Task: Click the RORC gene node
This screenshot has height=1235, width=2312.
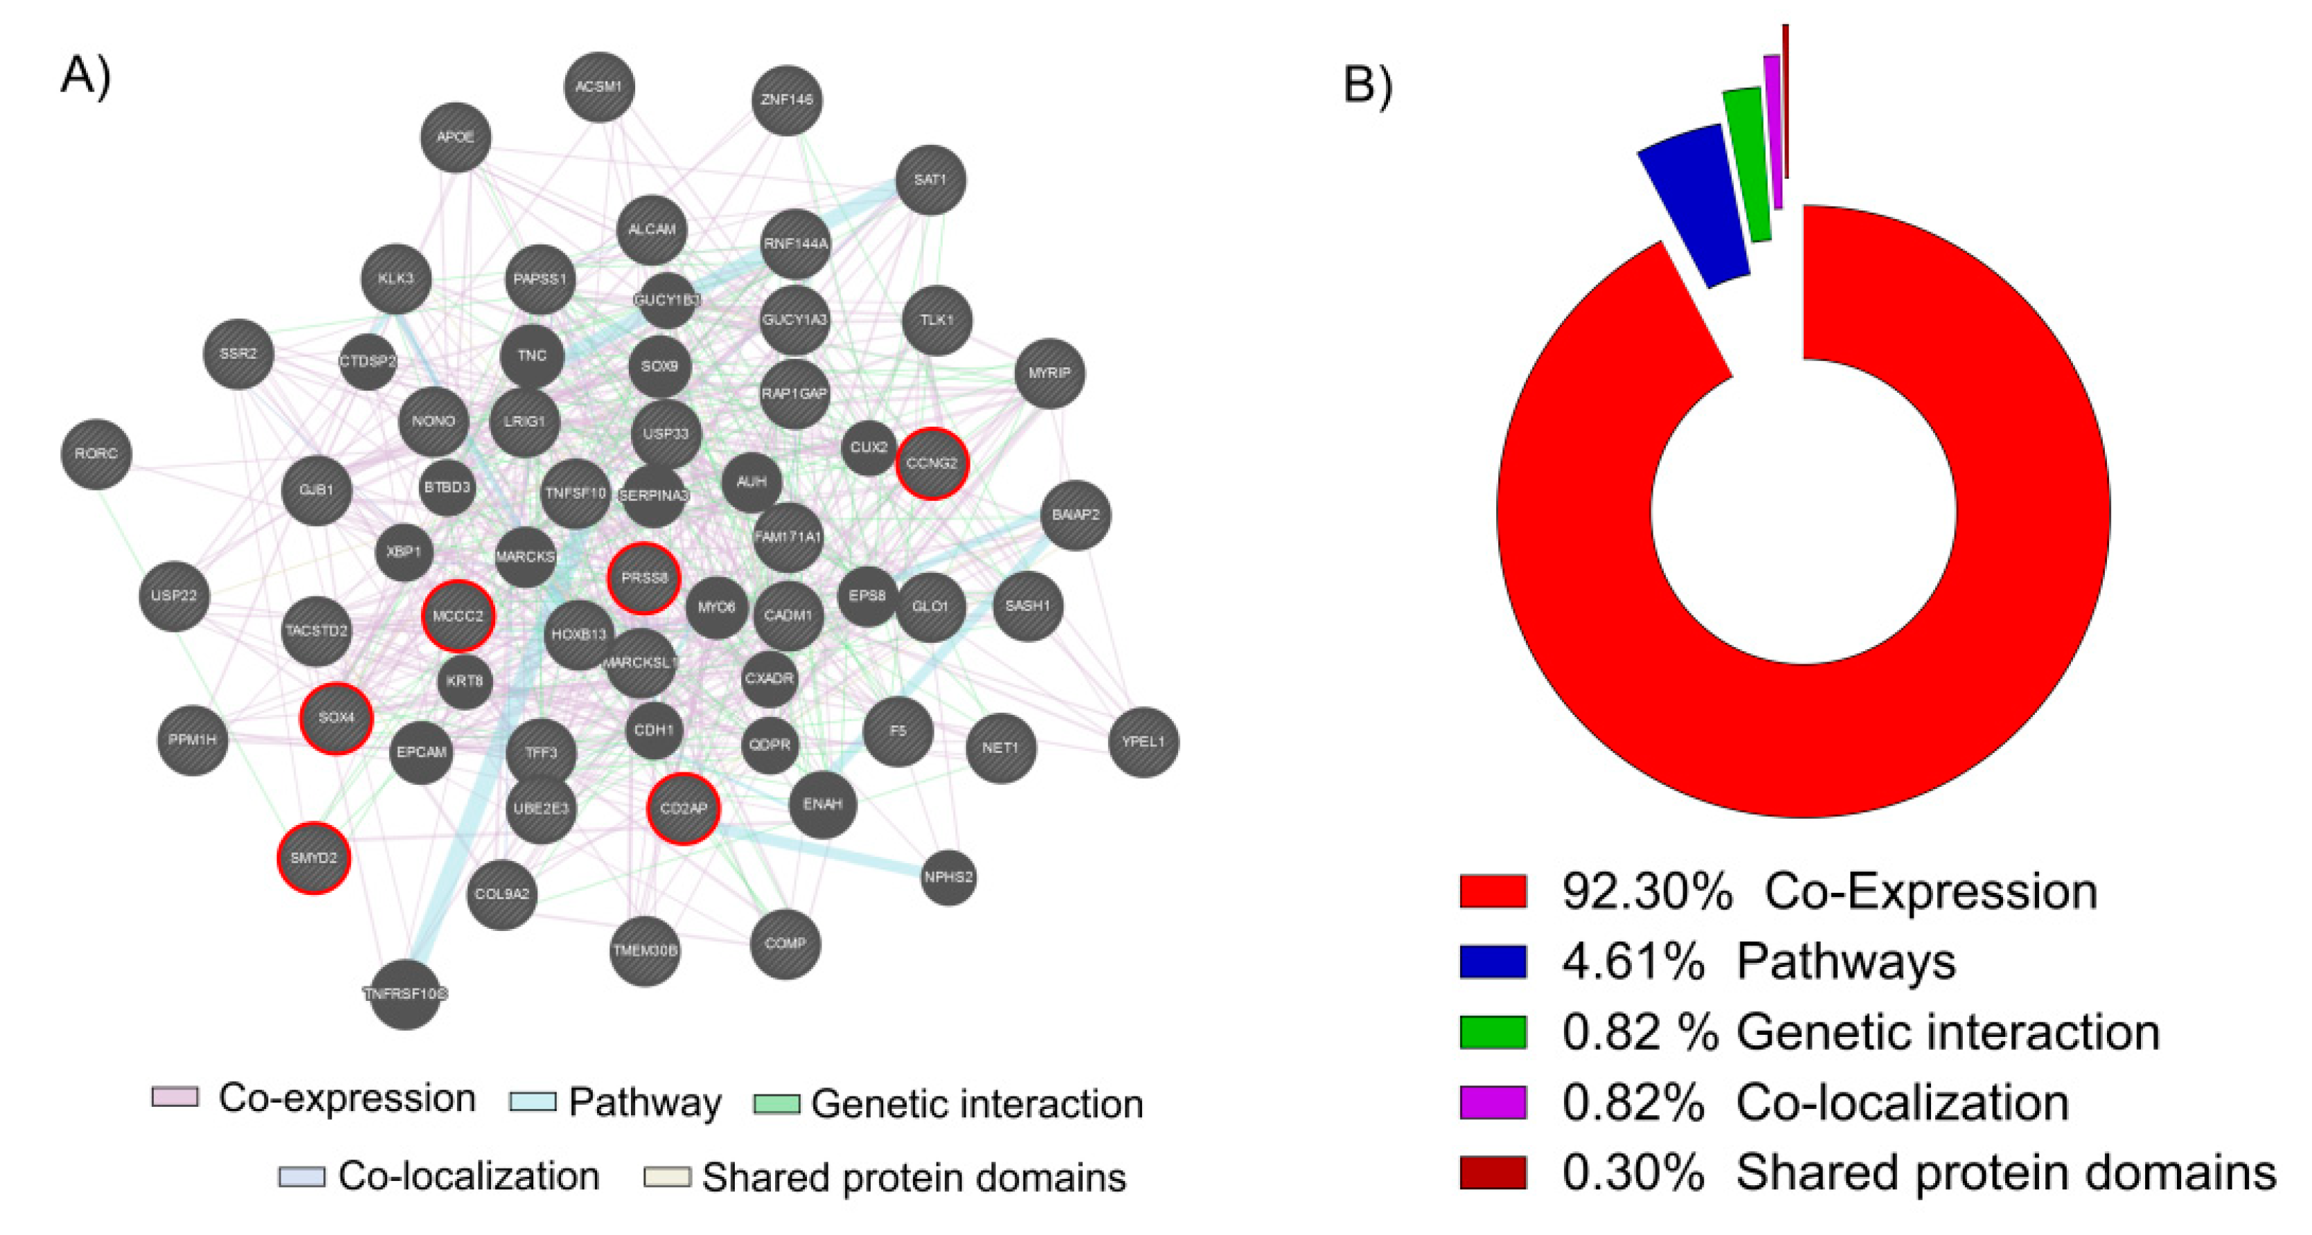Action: tap(96, 454)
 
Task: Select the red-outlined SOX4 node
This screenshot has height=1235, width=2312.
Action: tap(336, 718)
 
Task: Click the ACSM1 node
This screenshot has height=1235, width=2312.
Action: tap(598, 87)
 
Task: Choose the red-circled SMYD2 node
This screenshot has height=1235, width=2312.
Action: tap(313, 858)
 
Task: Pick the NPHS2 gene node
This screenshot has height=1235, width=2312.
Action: tap(948, 877)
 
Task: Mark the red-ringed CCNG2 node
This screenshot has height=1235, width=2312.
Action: tap(932, 463)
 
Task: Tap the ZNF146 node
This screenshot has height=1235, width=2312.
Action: tap(786, 100)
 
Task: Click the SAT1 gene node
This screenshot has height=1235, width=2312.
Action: tap(930, 179)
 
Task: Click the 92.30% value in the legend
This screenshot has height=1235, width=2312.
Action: tap(1647, 891)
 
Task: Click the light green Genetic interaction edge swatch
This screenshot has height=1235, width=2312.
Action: tap(776, 1103)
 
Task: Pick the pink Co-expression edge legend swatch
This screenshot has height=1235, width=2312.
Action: tap(175, 1096)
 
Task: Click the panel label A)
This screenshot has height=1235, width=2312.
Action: tap(85, 75)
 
